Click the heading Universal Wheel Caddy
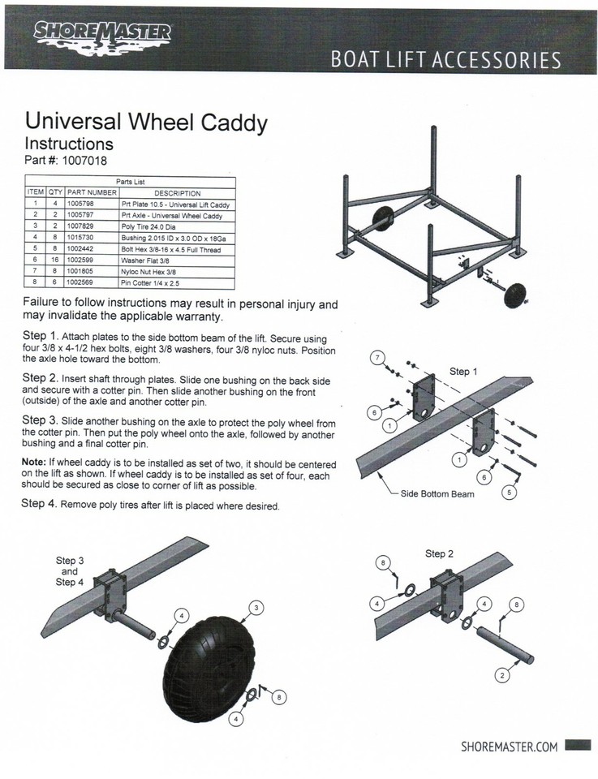(147, 123)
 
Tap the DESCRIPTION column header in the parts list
(176, 193)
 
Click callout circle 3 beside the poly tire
(257, 606)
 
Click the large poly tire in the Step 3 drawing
(209, 661)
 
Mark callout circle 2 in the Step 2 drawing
(503, 674)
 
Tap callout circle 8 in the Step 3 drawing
(279, 695)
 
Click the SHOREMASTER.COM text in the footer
(509, 747)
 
